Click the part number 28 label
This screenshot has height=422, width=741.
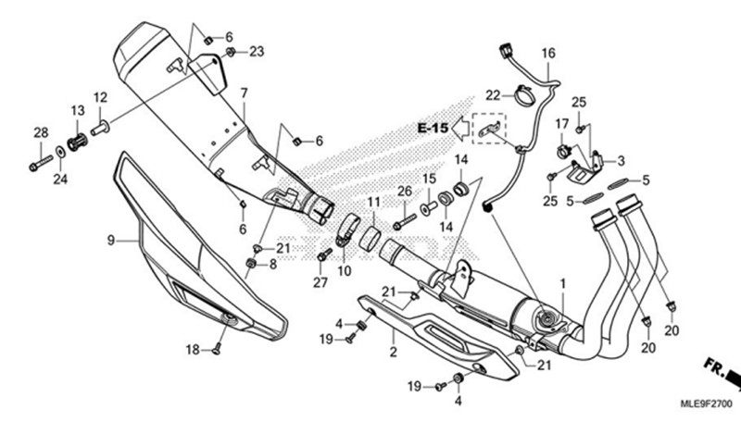point(41,133)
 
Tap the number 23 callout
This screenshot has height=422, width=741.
point(257,50)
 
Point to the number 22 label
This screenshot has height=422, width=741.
point(494,94)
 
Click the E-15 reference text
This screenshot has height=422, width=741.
point(432,127)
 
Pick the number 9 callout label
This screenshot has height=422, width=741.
point(109,241)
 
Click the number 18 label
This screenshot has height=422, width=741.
point(193,350)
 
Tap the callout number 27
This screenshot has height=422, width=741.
point(321,281)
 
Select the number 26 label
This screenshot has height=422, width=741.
point(404,192)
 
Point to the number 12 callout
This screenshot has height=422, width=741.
point(100,97)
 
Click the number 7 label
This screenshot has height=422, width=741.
point(245,93)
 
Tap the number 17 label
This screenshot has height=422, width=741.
point(561,124)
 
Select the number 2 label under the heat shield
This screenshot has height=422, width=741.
point(393,352)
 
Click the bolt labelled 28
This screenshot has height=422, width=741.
point(39,166)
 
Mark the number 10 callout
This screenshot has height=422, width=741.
point(345,271)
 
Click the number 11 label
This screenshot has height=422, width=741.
point(372,202)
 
